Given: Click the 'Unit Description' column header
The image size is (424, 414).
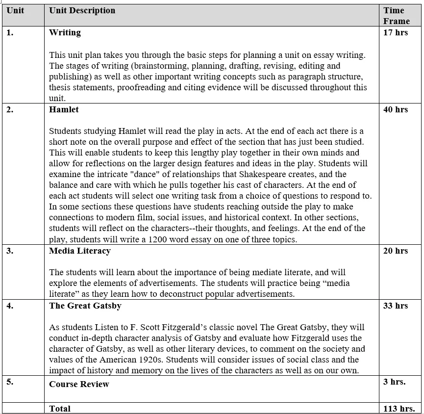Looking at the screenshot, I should pos(82,10).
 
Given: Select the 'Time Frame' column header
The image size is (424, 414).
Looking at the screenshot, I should pos(396,16).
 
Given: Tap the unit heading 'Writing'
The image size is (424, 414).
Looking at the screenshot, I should pos(65,33).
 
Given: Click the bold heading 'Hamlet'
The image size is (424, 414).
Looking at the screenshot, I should pos(64,110).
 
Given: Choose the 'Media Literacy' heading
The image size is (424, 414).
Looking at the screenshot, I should pos(80,251).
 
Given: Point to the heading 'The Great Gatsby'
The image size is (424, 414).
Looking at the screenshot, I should pos(85,306).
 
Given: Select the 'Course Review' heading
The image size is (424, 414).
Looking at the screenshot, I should pos(79,384).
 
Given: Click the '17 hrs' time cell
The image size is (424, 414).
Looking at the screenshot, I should pos(395,33).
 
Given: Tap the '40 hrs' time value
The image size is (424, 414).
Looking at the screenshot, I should pos(395,110).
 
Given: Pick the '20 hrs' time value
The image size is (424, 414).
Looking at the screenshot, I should pos(395,251).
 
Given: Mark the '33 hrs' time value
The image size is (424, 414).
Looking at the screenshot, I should pos(395,306).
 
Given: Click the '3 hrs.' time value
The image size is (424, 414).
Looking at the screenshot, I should pos(394,382).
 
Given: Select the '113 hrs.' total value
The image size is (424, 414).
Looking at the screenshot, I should pos(399,409).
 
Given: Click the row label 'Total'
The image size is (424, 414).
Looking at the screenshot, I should pos(60,409).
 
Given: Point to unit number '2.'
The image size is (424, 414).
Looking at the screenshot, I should pos(10,110).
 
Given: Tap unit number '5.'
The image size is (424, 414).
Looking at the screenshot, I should pos(10,382).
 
